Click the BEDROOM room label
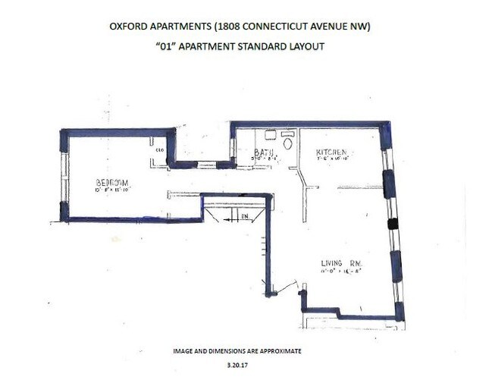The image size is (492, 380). coord(111,182)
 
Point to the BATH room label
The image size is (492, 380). coord(263,152)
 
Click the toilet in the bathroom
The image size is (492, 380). coord(287,143)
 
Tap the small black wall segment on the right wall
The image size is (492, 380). coord(392,224)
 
